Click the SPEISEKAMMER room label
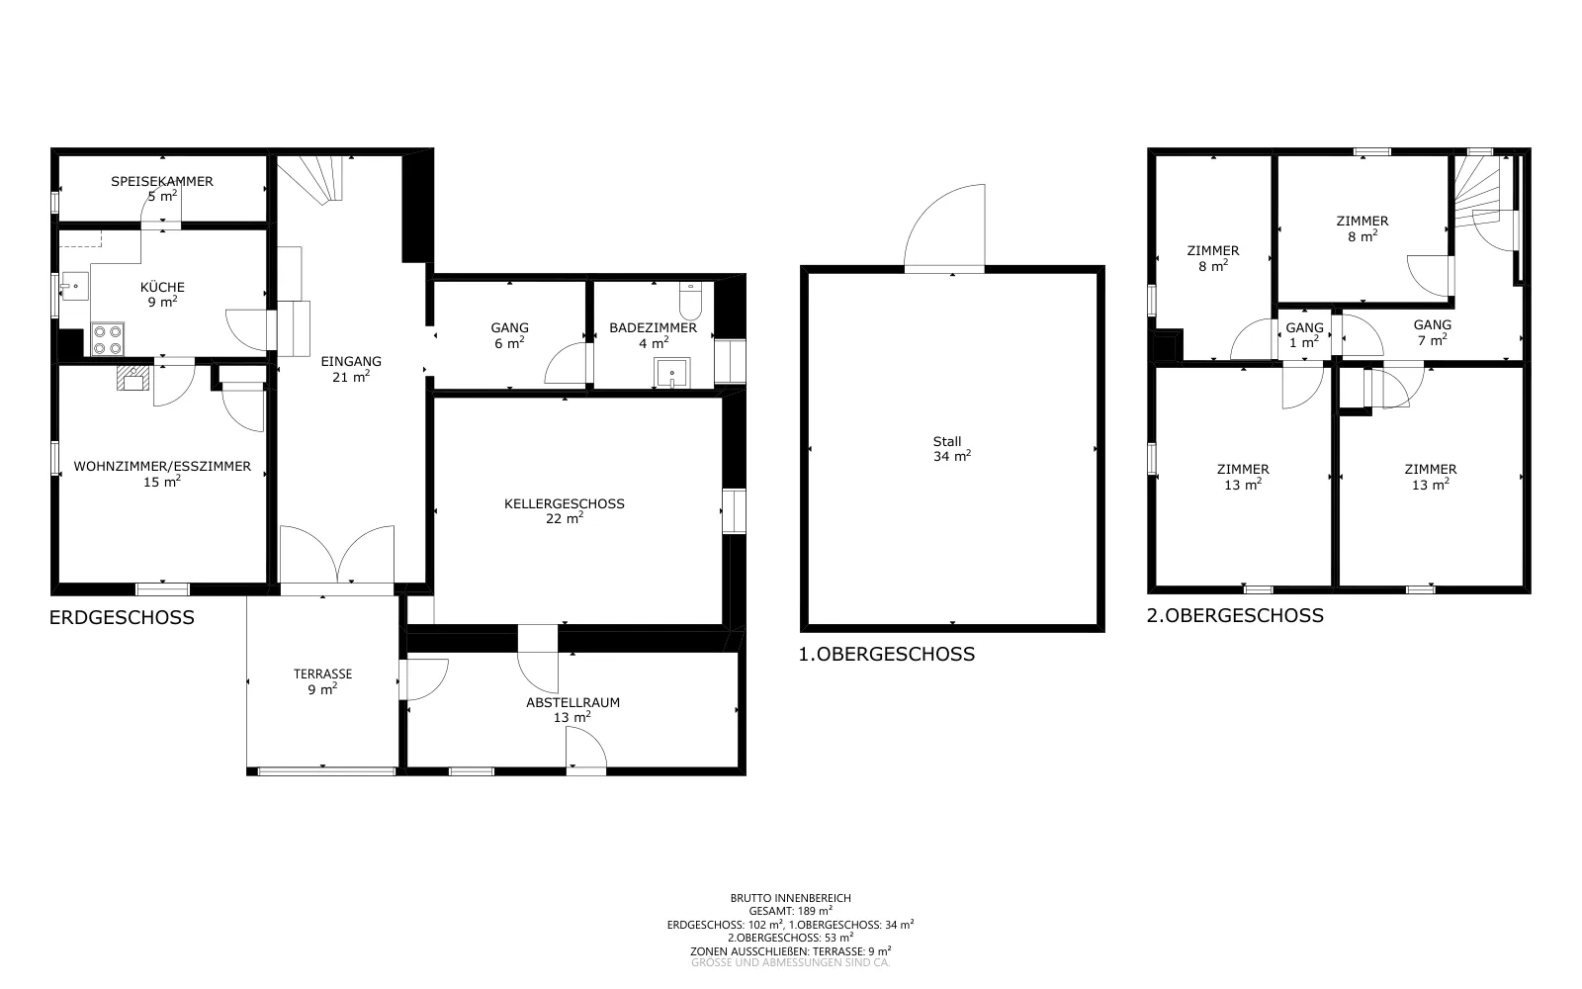tap(162, 182)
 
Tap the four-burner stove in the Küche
tap(108, 339)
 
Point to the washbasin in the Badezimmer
tap(671, 373)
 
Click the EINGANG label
tap(351, 362)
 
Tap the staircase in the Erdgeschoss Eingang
tap(310, 179)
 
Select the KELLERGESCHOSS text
tap(565, 503)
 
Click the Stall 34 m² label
tap(951, 449)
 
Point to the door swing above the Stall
tap(945, 227)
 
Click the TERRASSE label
tap(322, 674)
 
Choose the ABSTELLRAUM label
tap(572, 703)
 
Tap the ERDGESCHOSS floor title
tap(122, 617)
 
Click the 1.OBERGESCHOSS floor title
tap(886, 654)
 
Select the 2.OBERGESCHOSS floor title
tap(1235, 615)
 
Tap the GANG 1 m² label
tap(1304, 335)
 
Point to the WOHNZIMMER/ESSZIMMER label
tap(162, 466)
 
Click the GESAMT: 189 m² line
tap(790, 911)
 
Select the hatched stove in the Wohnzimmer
tap(133, 378)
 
